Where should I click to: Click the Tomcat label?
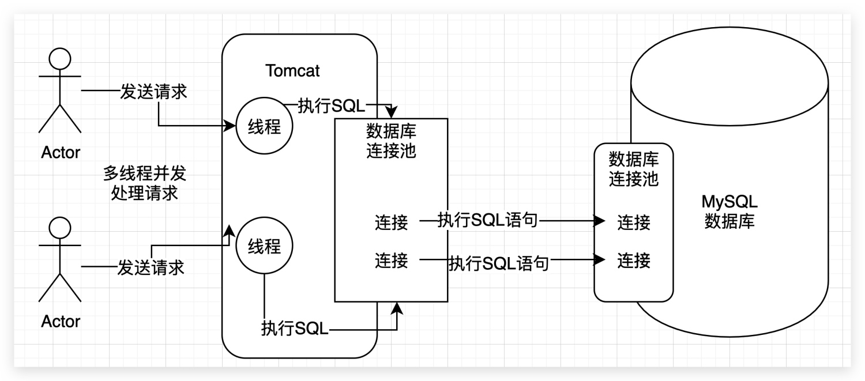tap(292, 71)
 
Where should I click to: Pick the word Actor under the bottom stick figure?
tap(61, 321)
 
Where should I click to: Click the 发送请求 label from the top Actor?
tap(153, 92)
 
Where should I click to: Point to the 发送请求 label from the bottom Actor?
tap(151, 267)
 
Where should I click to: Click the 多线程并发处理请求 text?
tap(145, 183)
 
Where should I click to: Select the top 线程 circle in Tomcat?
tap(264, 126)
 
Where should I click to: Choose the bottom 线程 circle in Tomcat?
tap(264, 246)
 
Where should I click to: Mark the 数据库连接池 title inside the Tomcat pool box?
tap(391, 141)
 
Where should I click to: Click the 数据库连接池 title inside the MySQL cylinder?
tap(634, 168)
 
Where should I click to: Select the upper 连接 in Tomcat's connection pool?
tap(391, 221)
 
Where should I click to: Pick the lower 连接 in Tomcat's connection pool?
tap(391, 261)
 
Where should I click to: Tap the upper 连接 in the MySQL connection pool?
tap(634, 221)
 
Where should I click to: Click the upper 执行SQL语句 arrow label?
tap(487, 220)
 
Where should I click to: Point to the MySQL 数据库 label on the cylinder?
tap(729, 212)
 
